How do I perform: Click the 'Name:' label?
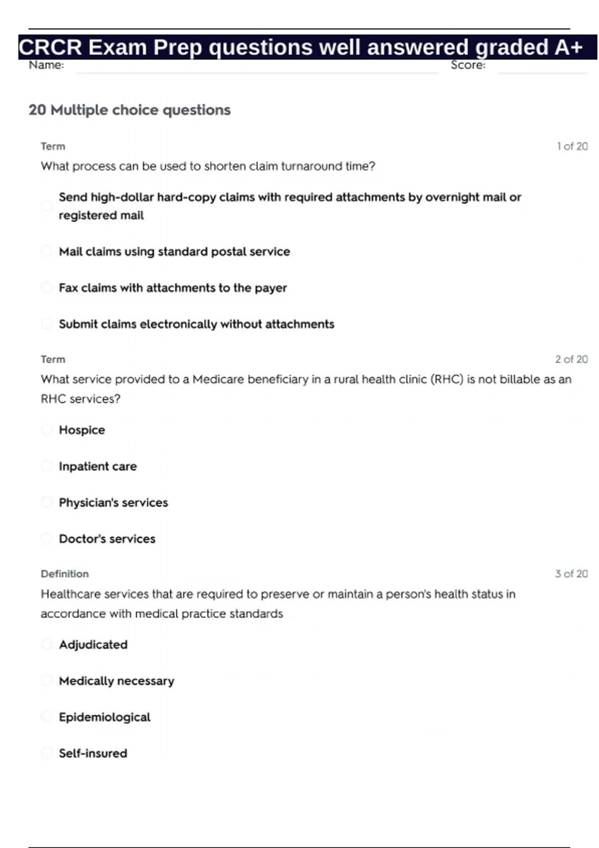46,65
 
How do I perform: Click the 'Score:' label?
468,65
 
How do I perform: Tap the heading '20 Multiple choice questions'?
130,110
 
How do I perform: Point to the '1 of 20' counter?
572,146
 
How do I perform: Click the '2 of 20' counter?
571,359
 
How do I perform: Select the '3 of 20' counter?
571,574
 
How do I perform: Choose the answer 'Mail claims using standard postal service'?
174,251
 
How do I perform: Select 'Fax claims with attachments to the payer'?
173,288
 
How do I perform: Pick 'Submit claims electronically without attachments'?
197,324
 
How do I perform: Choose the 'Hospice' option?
82,430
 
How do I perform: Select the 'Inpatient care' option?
98,466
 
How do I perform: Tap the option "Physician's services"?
113,502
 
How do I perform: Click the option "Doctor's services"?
107,539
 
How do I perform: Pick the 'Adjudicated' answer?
93,644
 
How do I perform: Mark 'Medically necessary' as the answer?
116,681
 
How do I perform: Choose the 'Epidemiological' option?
104,717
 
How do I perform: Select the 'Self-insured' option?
93,753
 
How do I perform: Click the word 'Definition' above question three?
65,574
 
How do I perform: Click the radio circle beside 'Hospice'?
46,429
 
